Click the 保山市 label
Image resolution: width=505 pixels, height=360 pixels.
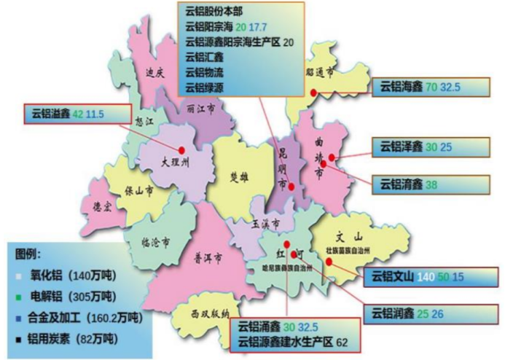pyautogui.click(x=137, y=191)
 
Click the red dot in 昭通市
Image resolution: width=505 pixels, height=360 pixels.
pyautogui.click(x=313, y=92)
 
